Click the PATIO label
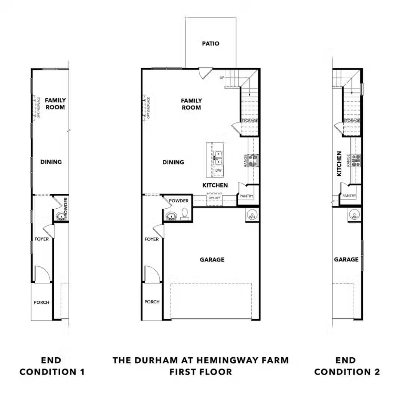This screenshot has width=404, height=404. tap(211, 43)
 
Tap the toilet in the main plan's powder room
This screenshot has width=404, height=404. tap(184, 214)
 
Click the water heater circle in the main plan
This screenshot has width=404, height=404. tap(252, 215)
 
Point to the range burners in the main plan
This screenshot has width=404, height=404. tap(253, 160)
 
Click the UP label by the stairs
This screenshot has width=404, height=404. tap(222, 78)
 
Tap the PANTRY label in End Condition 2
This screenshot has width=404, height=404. tap(349, 196)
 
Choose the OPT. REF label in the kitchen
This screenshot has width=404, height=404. tap(214, 198)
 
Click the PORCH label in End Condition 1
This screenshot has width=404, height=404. tap(42, 302)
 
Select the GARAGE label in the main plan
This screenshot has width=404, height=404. tap(212, 259)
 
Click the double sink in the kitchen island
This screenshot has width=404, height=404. tap(218, 157)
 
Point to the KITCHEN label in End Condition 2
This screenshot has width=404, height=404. tap(339, 163)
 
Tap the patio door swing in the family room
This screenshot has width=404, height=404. tap(205, 73)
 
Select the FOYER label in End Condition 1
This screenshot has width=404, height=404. tap(42, 239)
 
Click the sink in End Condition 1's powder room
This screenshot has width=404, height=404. tap(60, 216)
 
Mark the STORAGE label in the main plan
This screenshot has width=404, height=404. tap(250, 121)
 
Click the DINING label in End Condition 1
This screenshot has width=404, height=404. tap(51, 162)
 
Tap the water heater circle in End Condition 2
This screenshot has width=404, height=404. tap(354, 215)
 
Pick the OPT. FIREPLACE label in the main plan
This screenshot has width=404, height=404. tap(149, 108)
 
